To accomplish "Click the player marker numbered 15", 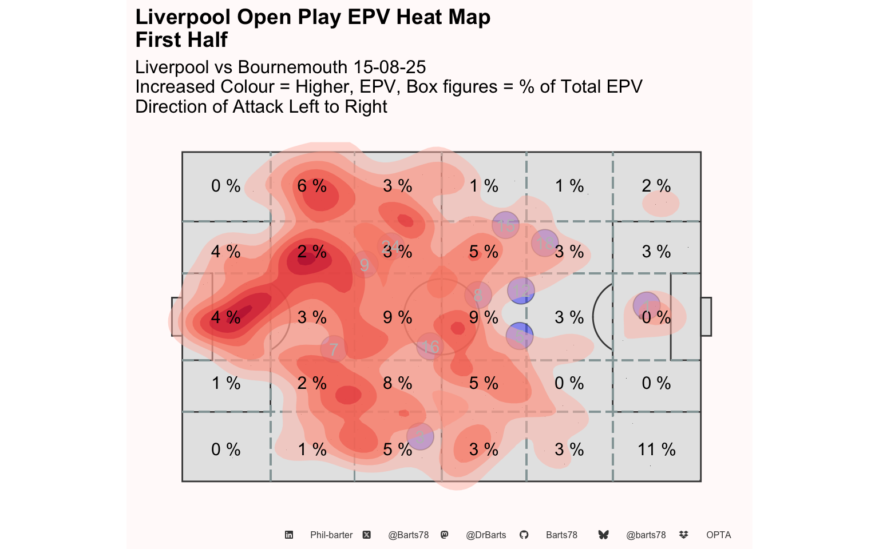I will [505, 225].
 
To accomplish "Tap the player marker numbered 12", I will [521, 291].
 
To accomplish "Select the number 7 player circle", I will [334, 349].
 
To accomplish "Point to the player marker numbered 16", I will [430, 347].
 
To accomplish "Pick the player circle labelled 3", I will [420, 437].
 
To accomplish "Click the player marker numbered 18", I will [545, 243].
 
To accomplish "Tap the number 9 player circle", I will [365, 265].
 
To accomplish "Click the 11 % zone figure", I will [656, 449].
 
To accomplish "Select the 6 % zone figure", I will [312, 186].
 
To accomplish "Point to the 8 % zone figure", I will [398, 383].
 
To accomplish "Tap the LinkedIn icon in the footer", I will [289, 535].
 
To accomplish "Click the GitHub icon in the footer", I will [524, 535].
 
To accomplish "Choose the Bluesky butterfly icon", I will [603, 535].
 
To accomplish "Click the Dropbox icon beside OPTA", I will [683, 535].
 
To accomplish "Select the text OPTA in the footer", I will [718, 535].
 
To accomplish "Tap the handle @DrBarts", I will [486, 535].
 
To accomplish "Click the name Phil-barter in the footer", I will [331, 535].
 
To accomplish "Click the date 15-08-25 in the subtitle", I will [389, 67].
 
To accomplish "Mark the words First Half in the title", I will [181, 40].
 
